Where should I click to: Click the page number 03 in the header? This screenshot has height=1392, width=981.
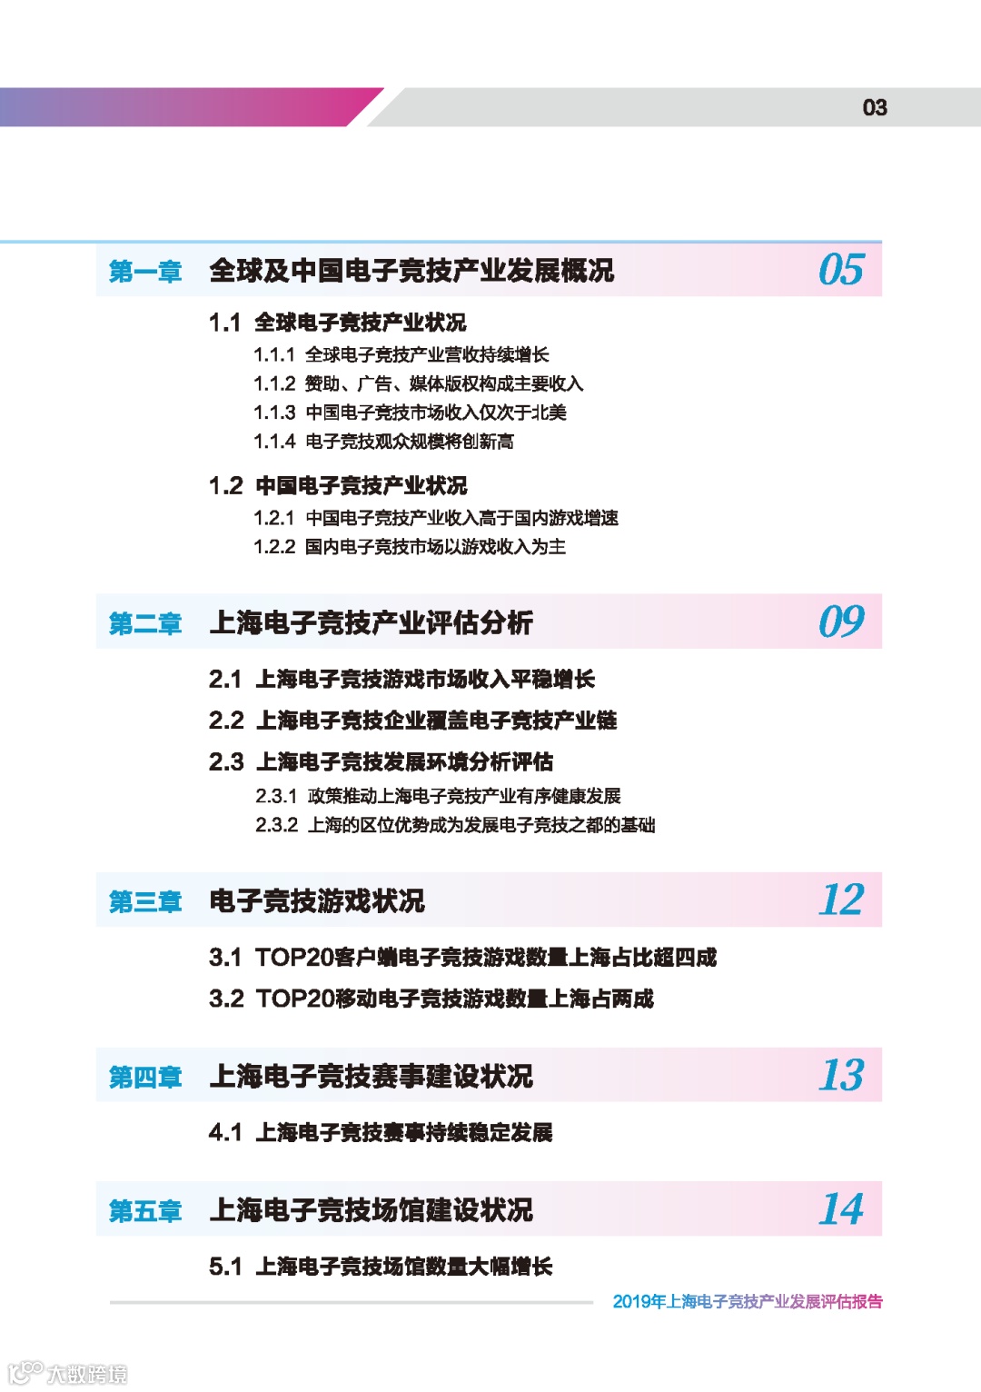874,108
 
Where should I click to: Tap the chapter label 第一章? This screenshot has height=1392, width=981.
145,272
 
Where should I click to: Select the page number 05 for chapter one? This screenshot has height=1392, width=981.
841,271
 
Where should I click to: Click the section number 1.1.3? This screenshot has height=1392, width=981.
274,413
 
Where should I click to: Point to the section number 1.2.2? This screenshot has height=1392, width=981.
274,547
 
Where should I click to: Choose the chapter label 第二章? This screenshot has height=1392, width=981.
145,624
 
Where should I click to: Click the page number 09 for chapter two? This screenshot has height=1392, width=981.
841,622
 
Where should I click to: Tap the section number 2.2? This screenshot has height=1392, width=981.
226,721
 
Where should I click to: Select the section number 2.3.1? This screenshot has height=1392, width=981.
276,797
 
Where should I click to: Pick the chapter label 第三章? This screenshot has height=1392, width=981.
145,902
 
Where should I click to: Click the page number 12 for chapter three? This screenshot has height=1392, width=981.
841,900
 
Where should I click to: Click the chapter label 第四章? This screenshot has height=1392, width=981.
145,1078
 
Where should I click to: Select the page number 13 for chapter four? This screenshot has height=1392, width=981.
841,1076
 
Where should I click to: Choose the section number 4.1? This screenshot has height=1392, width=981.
225,1133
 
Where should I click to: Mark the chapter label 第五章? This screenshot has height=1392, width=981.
145,1211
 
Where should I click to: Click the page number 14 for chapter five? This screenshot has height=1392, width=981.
841,1209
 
